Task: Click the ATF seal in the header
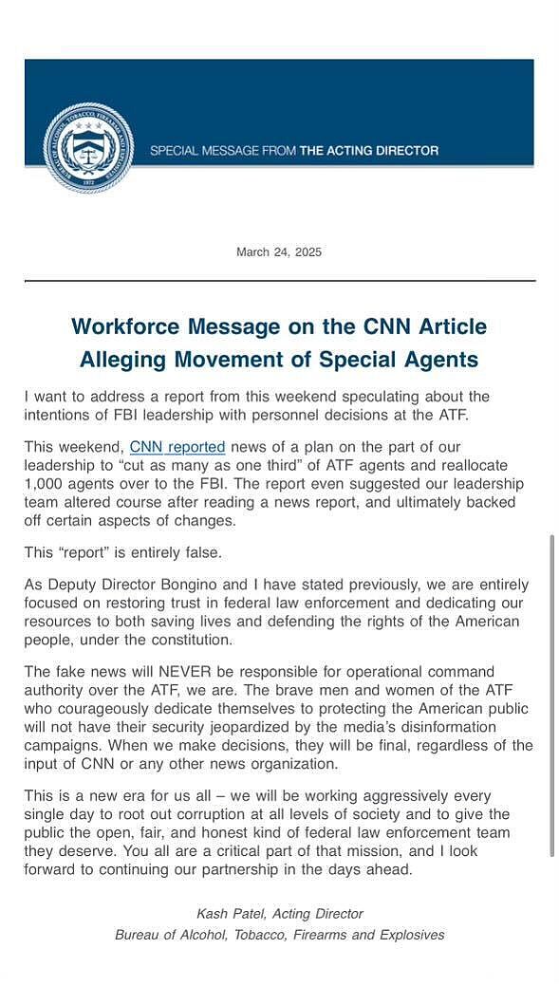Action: (x=88, y=148)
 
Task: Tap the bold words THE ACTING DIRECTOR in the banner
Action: (x=369, y=151)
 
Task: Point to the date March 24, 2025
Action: (x=279, y=251)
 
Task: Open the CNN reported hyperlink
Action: (x=177, y=446)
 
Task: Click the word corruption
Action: (x=289, y=814)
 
